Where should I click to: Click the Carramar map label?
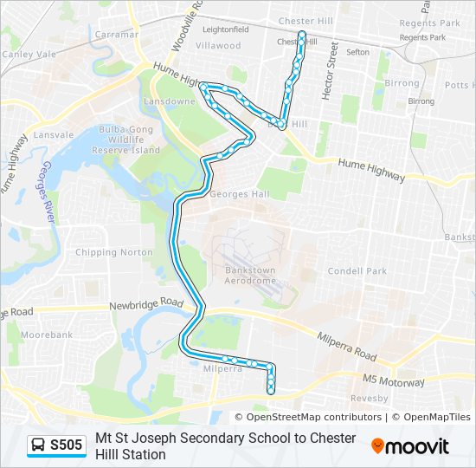point(117,35)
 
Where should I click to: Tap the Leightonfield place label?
point(225,29)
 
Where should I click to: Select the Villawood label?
point(218,45)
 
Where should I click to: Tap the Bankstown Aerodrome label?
point(244,276)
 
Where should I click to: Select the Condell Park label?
point(357,270)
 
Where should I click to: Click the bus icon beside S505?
point(39,445)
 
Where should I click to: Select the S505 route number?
point(67,445)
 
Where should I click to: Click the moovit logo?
point(410,445)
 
